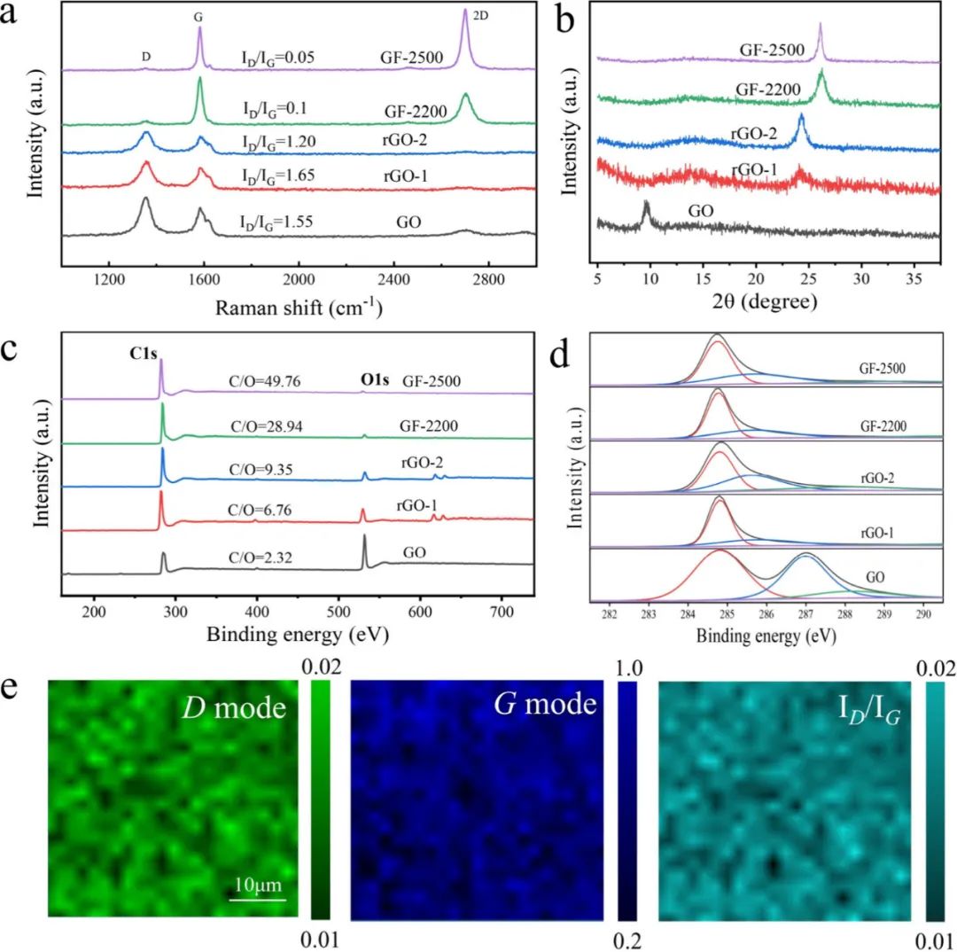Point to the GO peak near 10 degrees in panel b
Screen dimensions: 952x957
[x=646, y=207]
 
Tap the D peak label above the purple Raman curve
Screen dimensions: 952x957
[x=145, y=57]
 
